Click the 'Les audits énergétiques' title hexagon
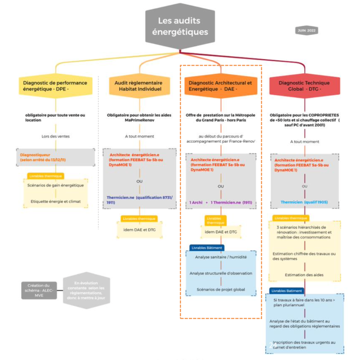tap(180, 27)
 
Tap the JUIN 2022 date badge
tap(306, 31)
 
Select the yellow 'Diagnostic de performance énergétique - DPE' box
tap(55, 86)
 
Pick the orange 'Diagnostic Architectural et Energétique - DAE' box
tap(221, 86)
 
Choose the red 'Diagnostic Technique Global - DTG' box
tap(304, 86)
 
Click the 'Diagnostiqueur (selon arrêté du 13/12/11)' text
tap(43, 157)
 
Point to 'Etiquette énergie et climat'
tap(55, 202)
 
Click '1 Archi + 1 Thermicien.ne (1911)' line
tap(221, 203)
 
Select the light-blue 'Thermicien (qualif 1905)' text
tap(304, 202)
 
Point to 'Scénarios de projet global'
tap(221, 290)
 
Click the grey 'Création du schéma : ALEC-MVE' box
tap(39, 290)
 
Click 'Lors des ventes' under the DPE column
tap(55, 136)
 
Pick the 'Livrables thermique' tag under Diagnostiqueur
tap(46, 176)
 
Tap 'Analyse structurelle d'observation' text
tap(221, 273)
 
